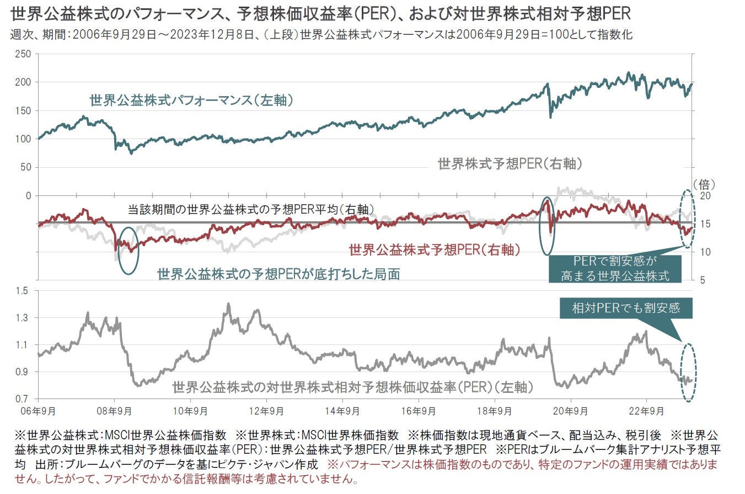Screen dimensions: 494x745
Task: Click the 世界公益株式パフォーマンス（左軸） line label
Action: tap(191, 100)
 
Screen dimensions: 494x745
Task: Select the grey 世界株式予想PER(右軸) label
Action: tap(510, 163)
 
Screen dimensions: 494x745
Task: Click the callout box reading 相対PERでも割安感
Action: tap(625, 308)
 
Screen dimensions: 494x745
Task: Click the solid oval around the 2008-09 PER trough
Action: tap(128, 251)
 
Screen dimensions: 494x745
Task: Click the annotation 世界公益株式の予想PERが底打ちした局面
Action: tap(278, 274)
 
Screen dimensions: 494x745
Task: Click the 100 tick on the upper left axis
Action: tap(24, 139)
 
